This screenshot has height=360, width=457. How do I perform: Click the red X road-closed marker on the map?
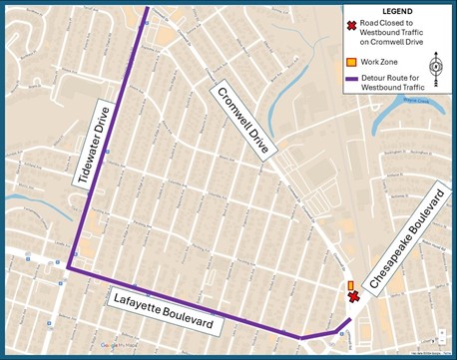352,297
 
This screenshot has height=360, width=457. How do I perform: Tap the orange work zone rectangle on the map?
350,286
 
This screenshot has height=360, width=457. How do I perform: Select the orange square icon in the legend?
351,61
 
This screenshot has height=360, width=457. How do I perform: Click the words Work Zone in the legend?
382,61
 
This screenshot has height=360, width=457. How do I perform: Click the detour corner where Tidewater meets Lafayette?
69,268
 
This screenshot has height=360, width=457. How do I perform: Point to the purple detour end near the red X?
349,319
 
